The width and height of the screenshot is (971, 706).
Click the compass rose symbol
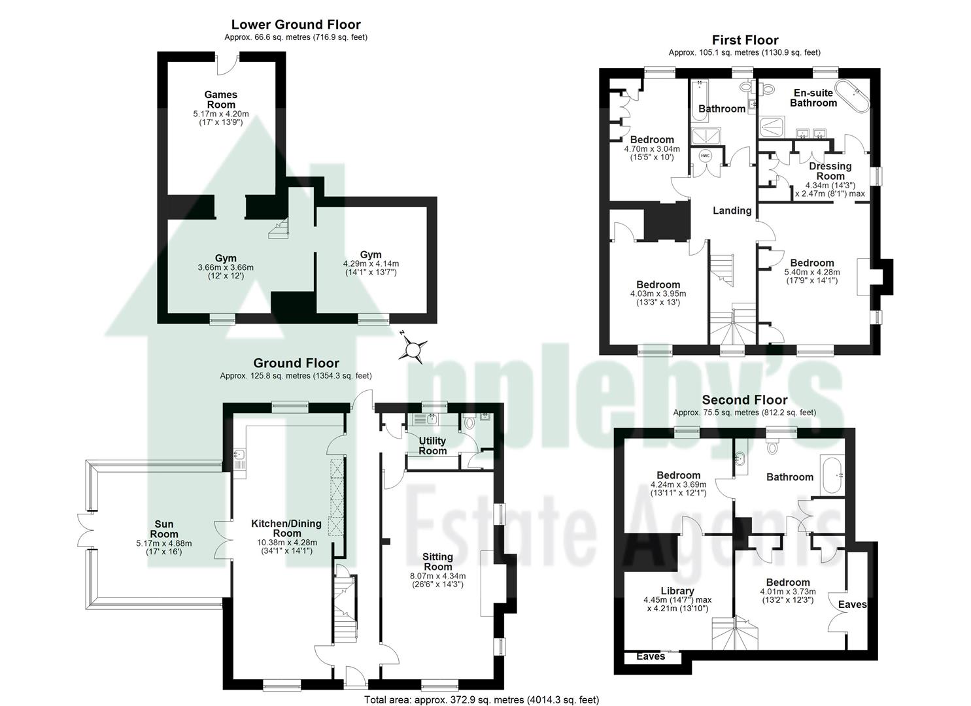[x=413, y=350]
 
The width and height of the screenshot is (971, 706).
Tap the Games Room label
[x=221, y=99]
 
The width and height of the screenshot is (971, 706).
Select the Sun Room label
[x=163, y=529]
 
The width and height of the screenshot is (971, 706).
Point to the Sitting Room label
[x=437, y=562]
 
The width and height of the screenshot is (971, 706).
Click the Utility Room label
[x=432, y=446]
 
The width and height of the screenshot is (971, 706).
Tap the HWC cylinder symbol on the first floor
[x=705, y=156]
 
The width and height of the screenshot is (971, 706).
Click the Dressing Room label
[x=830, y=171]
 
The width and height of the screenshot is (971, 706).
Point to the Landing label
[x=732, y=210]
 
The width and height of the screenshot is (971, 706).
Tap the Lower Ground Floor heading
[x=296, y=25]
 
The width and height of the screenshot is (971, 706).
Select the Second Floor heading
[x=744, y=400]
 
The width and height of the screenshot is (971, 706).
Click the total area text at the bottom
[x=481, y=700]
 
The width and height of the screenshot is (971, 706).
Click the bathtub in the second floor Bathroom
[x=831, y=475]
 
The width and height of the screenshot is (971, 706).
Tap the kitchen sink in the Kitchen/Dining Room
[x=239, y=456]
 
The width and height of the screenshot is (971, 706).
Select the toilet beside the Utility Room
[x=468, y=422]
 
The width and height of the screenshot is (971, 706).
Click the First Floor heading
[x=745, y=40]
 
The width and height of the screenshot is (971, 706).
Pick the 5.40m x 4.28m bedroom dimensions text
[x=812, y=273]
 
